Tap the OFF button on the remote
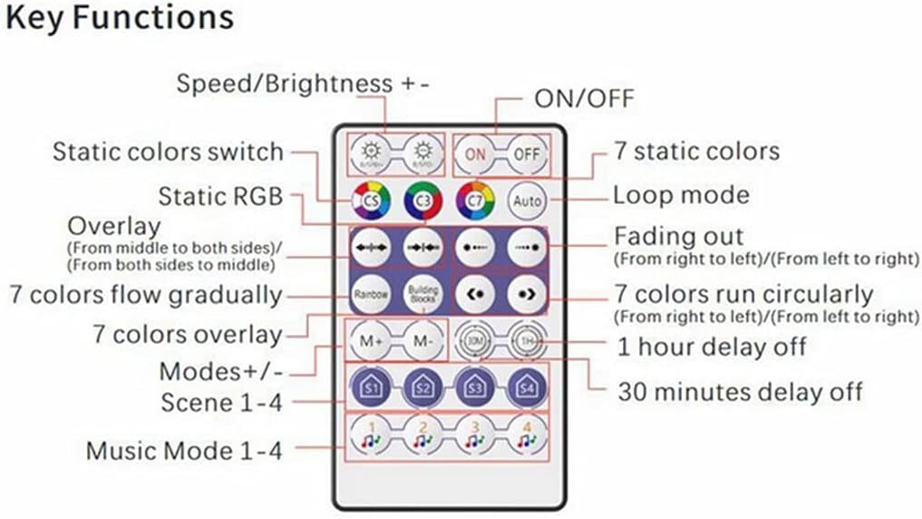click(x=526, y=154)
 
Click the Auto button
click(x=526, y=198)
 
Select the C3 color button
click(x=422, y=198)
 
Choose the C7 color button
click(x=474, y=198)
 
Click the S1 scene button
click(x=372, y=387)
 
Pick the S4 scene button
click(x=526, y=387)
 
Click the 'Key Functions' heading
click(x=120, y=18)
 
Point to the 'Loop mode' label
click(x=681, y=195)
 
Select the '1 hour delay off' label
click(x=712, y=347)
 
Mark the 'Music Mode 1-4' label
click(x=184, y=450)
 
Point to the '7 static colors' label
click(x=696, y=151)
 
